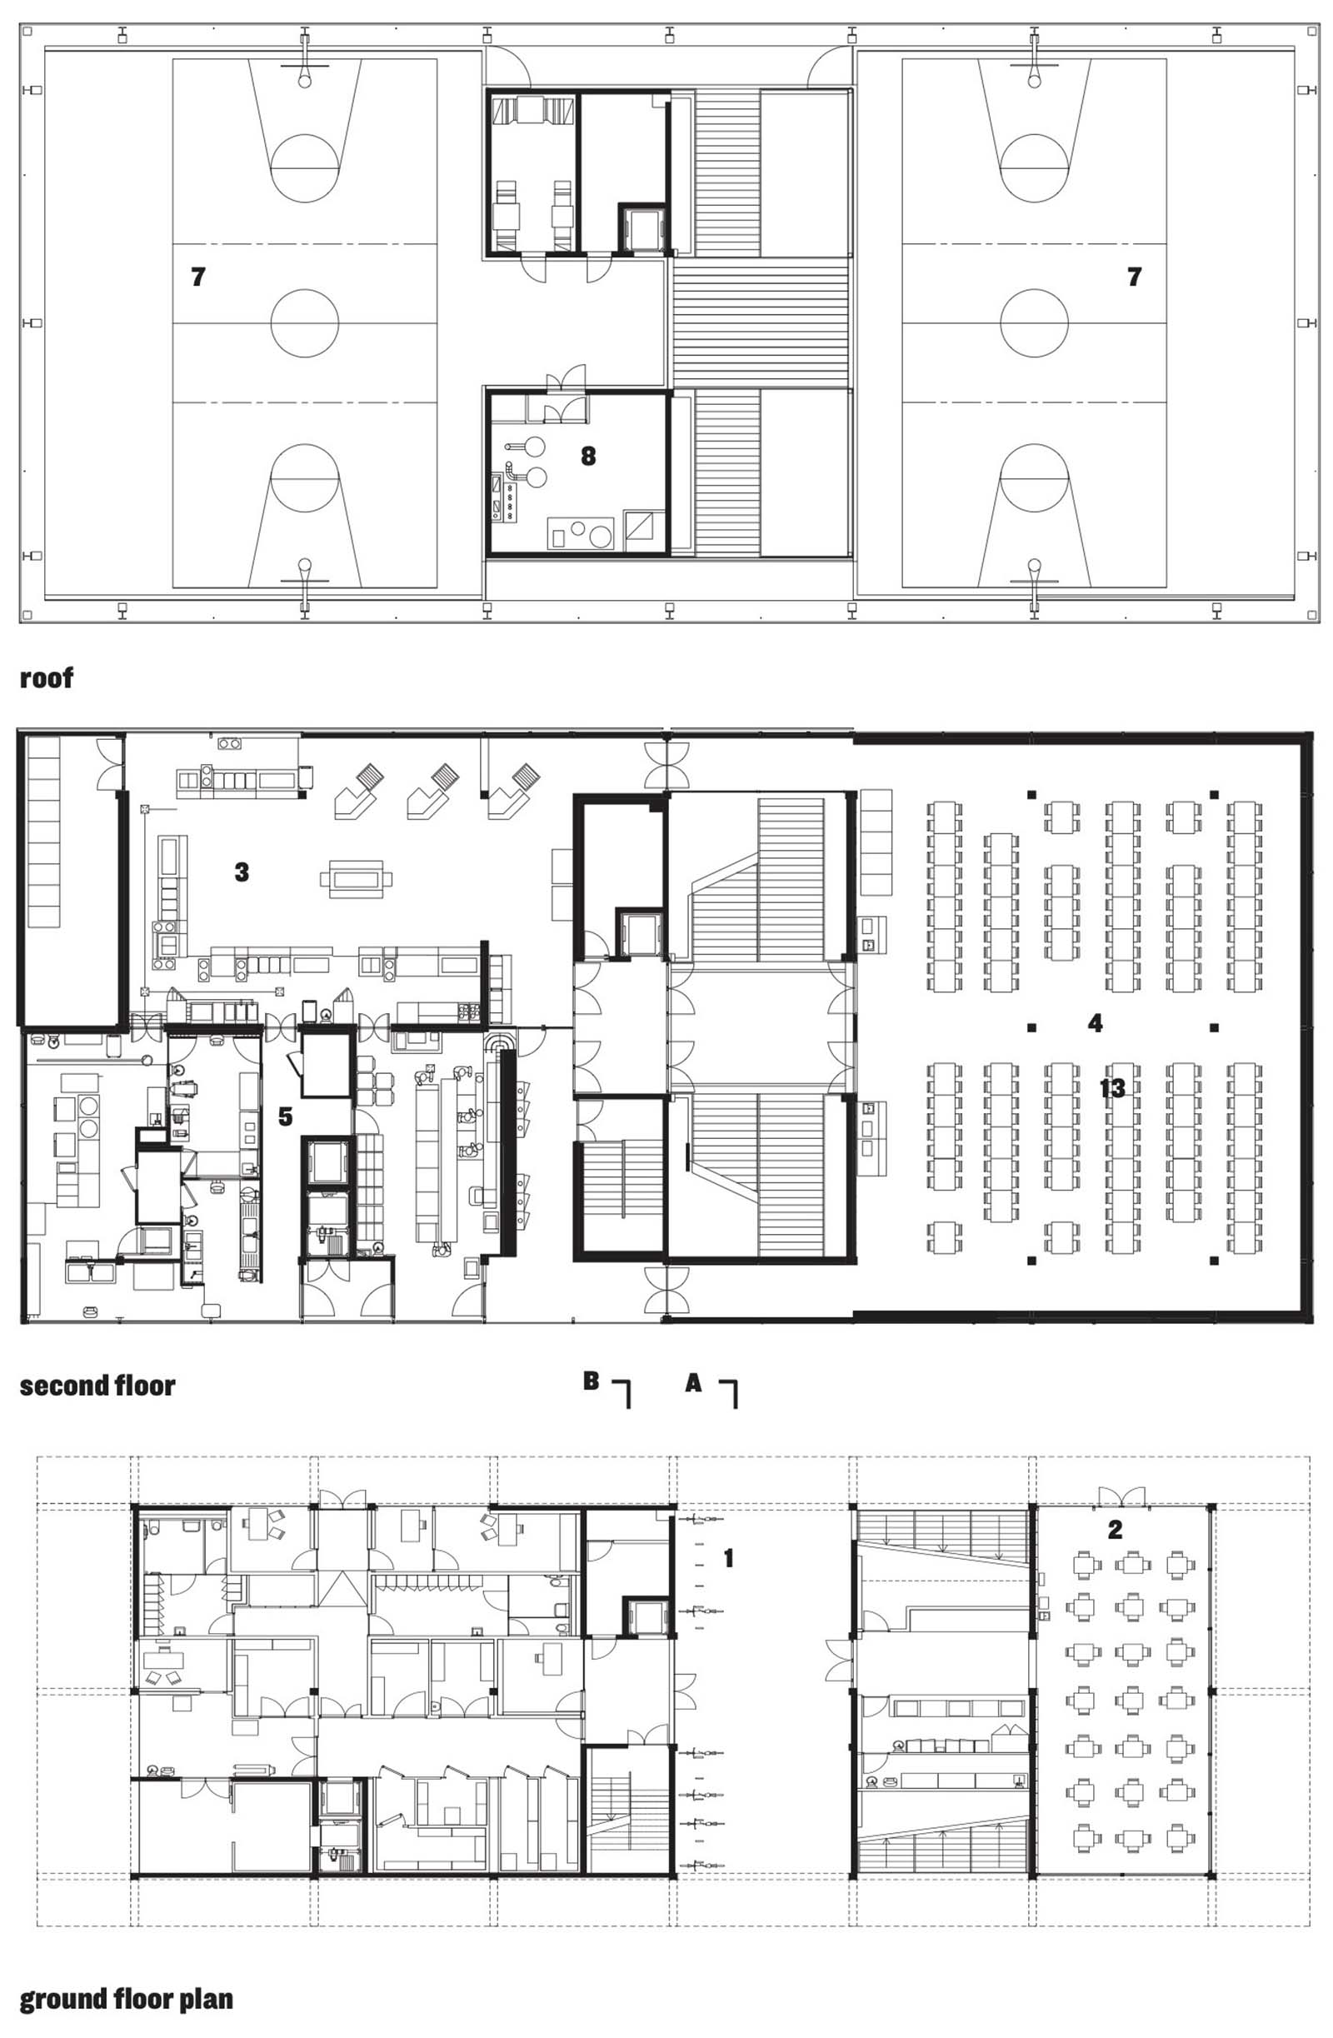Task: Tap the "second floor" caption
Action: click(97, 1386)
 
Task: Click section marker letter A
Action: click(693, 1381)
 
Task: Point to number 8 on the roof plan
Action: click(588, 456)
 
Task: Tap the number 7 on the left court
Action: click(198, 277)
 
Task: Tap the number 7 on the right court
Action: click(1135, 277)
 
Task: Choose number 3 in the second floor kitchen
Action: click(242, 872)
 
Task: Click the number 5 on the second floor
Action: click(285, 1116)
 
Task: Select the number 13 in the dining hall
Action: click(1112, 1088)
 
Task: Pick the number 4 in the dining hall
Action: click(1095, 1022)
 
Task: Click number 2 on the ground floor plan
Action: click(1115, 1530)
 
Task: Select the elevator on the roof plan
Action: click(642, 227)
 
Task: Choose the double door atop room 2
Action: click(1122, 1496)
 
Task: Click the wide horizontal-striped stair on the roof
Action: click(761, 322)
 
